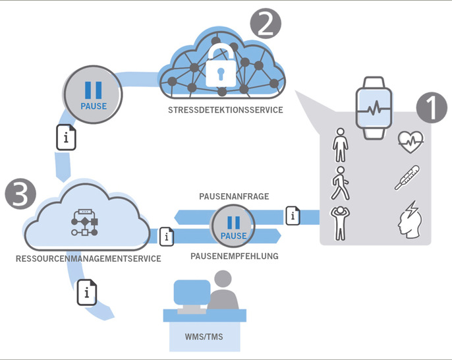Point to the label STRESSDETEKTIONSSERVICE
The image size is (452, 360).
point(225,110)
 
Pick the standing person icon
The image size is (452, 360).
point(339,144)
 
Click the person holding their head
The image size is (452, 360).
point(339,223)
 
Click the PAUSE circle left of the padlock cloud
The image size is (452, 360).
point(92,96)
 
